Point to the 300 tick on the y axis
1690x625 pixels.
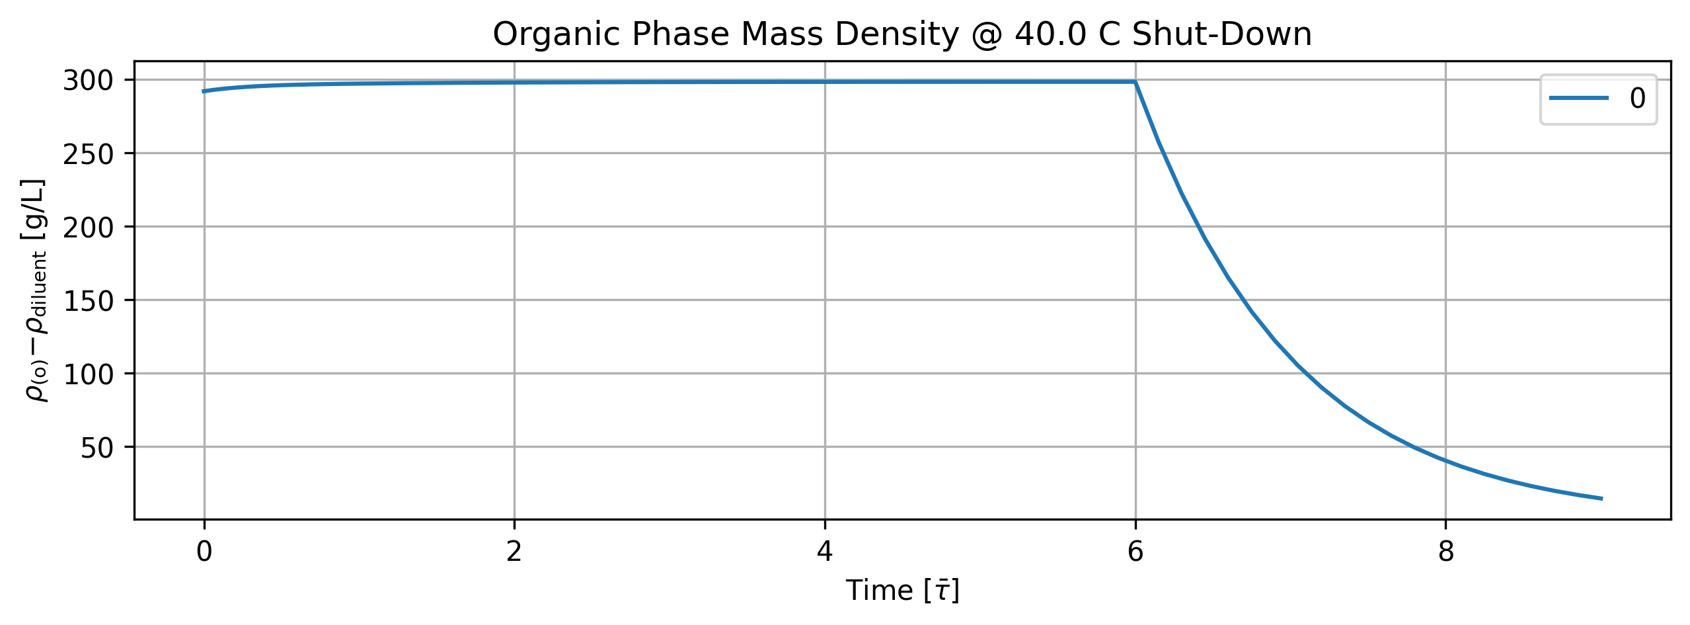coord(89,81)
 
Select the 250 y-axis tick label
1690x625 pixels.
coord(89,154)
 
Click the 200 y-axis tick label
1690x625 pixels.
coord(89,228)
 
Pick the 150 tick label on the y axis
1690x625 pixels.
coord(89,301)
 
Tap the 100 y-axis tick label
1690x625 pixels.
coord(89,374)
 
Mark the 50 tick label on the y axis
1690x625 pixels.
coord(98,448)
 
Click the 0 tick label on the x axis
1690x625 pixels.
coord(204,552)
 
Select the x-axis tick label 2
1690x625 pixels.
coord(514,552)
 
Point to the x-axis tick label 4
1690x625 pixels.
coord(825,552)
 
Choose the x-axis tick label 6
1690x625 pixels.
coord(1135,552)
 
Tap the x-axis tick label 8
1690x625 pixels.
coord(1446,552)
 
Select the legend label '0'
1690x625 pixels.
coord(1638,99)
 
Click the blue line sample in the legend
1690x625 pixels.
coord(1579,98)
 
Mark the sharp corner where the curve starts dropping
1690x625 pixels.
coord(1135,82)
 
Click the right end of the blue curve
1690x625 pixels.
coord(1601,499)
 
